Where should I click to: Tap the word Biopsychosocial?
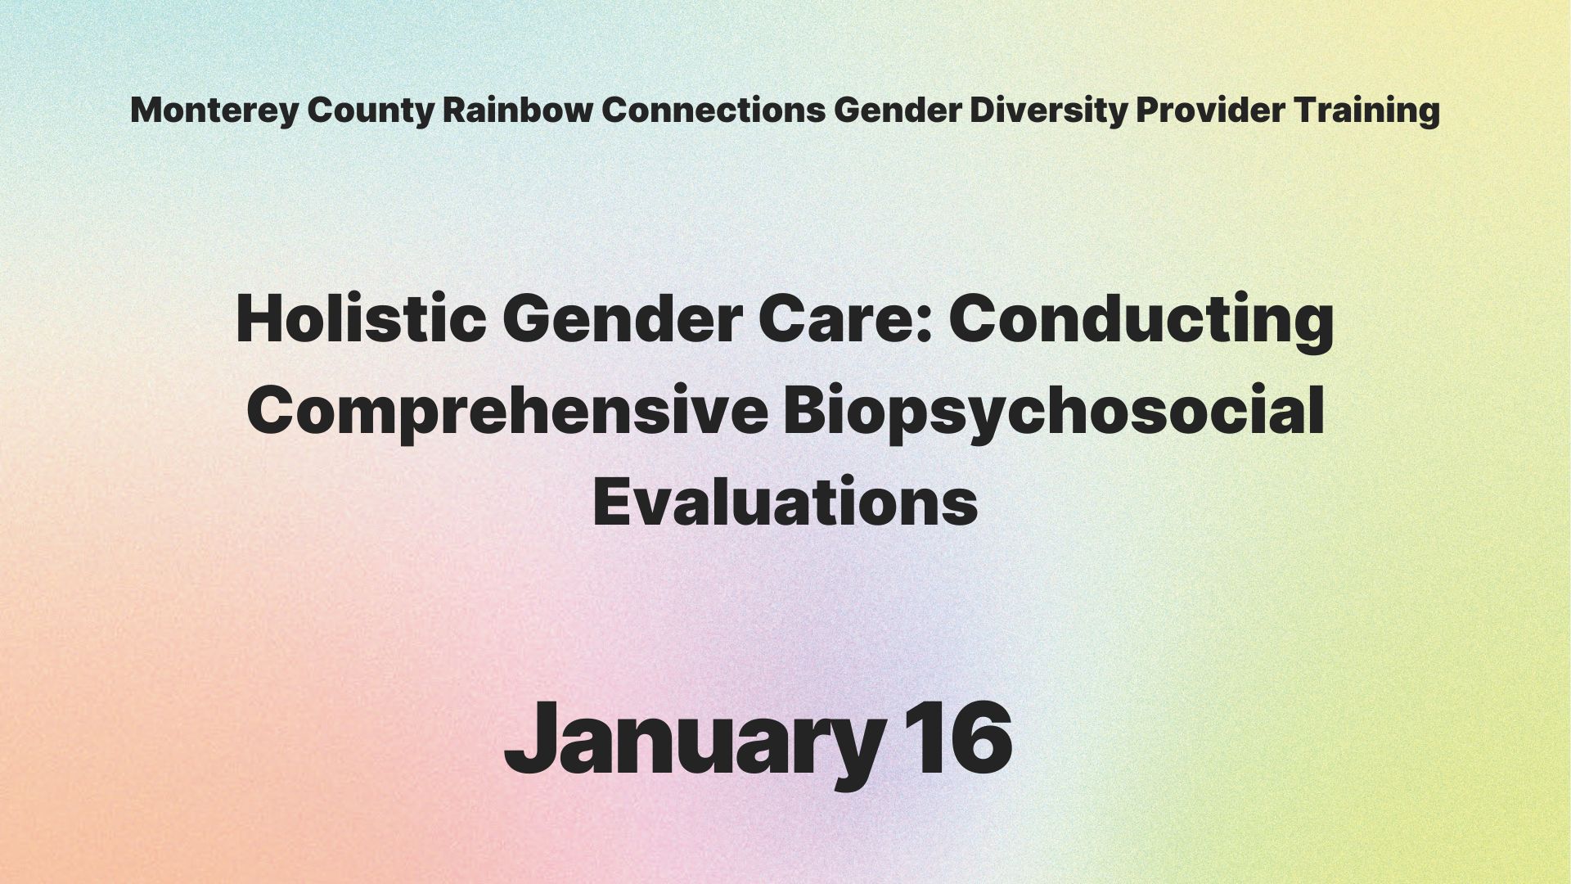tap(1054, 413)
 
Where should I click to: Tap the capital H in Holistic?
tap(260, 319)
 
